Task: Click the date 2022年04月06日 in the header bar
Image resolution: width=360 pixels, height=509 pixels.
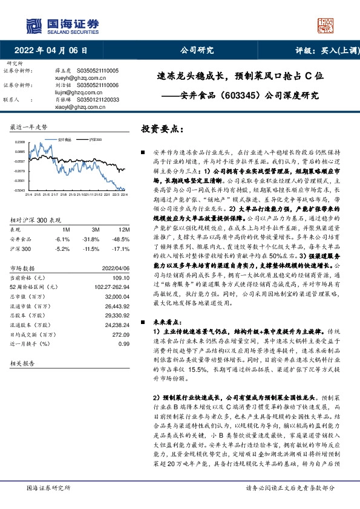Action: point(54,51)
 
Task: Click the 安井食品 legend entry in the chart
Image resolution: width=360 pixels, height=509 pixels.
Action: point(65,140)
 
